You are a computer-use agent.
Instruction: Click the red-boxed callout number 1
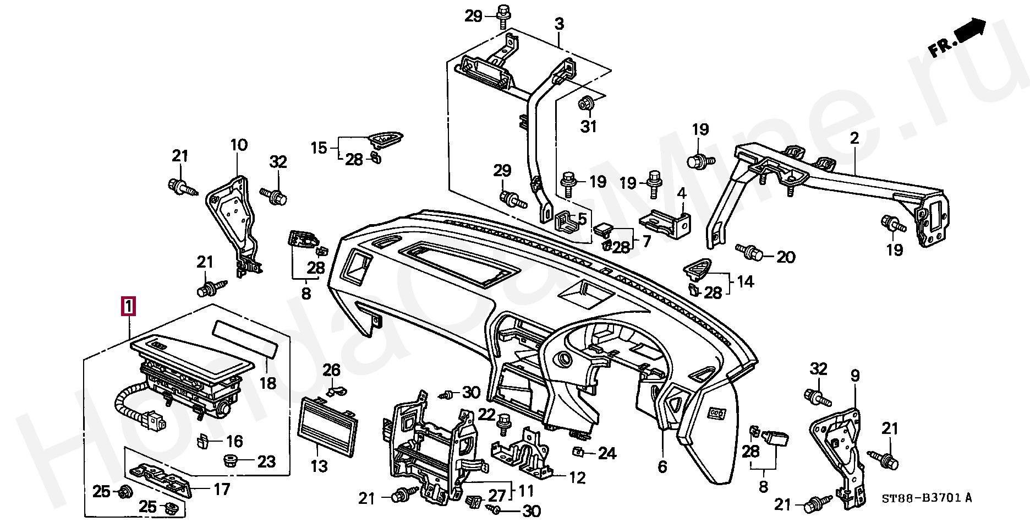click(128, 307)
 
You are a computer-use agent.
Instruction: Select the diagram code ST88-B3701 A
click(927, 499)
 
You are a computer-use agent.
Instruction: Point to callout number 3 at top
click(558, 24)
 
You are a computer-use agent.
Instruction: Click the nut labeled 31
click(585, 102)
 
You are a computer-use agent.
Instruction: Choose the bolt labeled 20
click(751, 253)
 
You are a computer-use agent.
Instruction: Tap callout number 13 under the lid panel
click(319, 466)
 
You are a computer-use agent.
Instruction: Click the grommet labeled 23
click(228, 459)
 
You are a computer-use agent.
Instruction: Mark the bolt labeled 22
click(502, 423)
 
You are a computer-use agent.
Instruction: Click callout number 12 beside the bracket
click(578, 478)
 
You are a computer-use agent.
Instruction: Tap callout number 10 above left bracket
click(239, 146)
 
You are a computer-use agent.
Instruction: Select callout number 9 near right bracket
click(854, 376)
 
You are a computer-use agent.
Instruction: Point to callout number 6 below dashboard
click(662, 467)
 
